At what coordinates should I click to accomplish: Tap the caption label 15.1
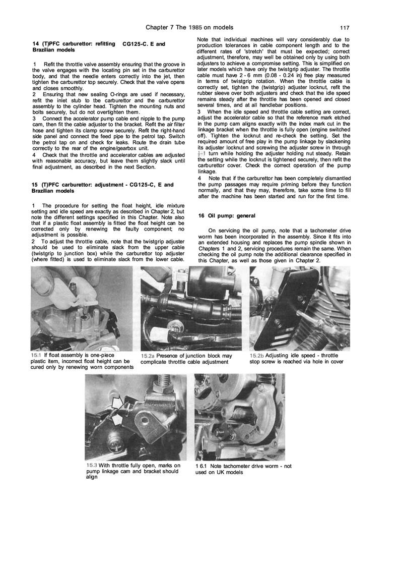point(36,354)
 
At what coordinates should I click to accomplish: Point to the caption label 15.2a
point(148,356)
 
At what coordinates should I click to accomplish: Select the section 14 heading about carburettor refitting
point(76,47)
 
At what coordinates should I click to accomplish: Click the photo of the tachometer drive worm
point(239,417)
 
